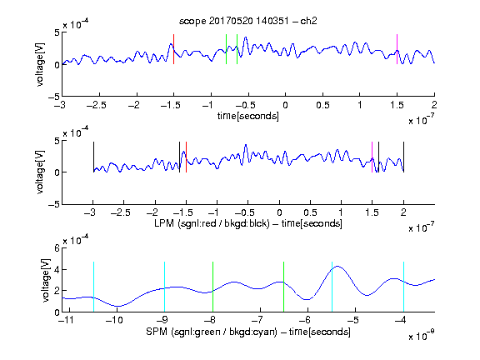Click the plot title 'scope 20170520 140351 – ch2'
pyautogui.click(x=248, y=21)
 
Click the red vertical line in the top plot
pyautogui.click(x=173, y=49)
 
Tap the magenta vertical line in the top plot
pyautogui.click(x=397, y=49)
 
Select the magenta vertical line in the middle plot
pyautogui.click(x=372, y=157)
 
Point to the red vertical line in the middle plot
pyautogui.click(x=186, y=157)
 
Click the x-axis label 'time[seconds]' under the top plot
pyautogui.click(x=248, y=116)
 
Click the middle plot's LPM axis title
pyautogui.click(x=248, y=223)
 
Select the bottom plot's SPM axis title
pyautogui.click(x=248, y=332)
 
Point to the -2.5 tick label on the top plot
pyautogui.click(x=97, y=105)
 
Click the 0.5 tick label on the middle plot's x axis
pyautogui.click(x=310, y=212)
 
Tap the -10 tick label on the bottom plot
pyautogui.click(x=114, y=320)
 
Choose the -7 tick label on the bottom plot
pyautogui.click(x=257, y=320)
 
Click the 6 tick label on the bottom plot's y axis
pyautogui.click(x=57, y=248)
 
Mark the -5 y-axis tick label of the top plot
pyautogui.click(x=54, y=97)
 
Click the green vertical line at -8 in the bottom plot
pyautogui.click(x=212, y=287)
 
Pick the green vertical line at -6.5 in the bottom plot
pyautogui.click(x=284, y=287)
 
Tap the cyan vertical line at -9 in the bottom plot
pyautogui.click(x=165, y=287)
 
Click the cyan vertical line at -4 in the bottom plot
pyautogui.click(x=403, y=287)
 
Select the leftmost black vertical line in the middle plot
pyautogui.click(x=93, y=157)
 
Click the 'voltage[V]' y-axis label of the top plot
pyautogui.click(x=40, y=65)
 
